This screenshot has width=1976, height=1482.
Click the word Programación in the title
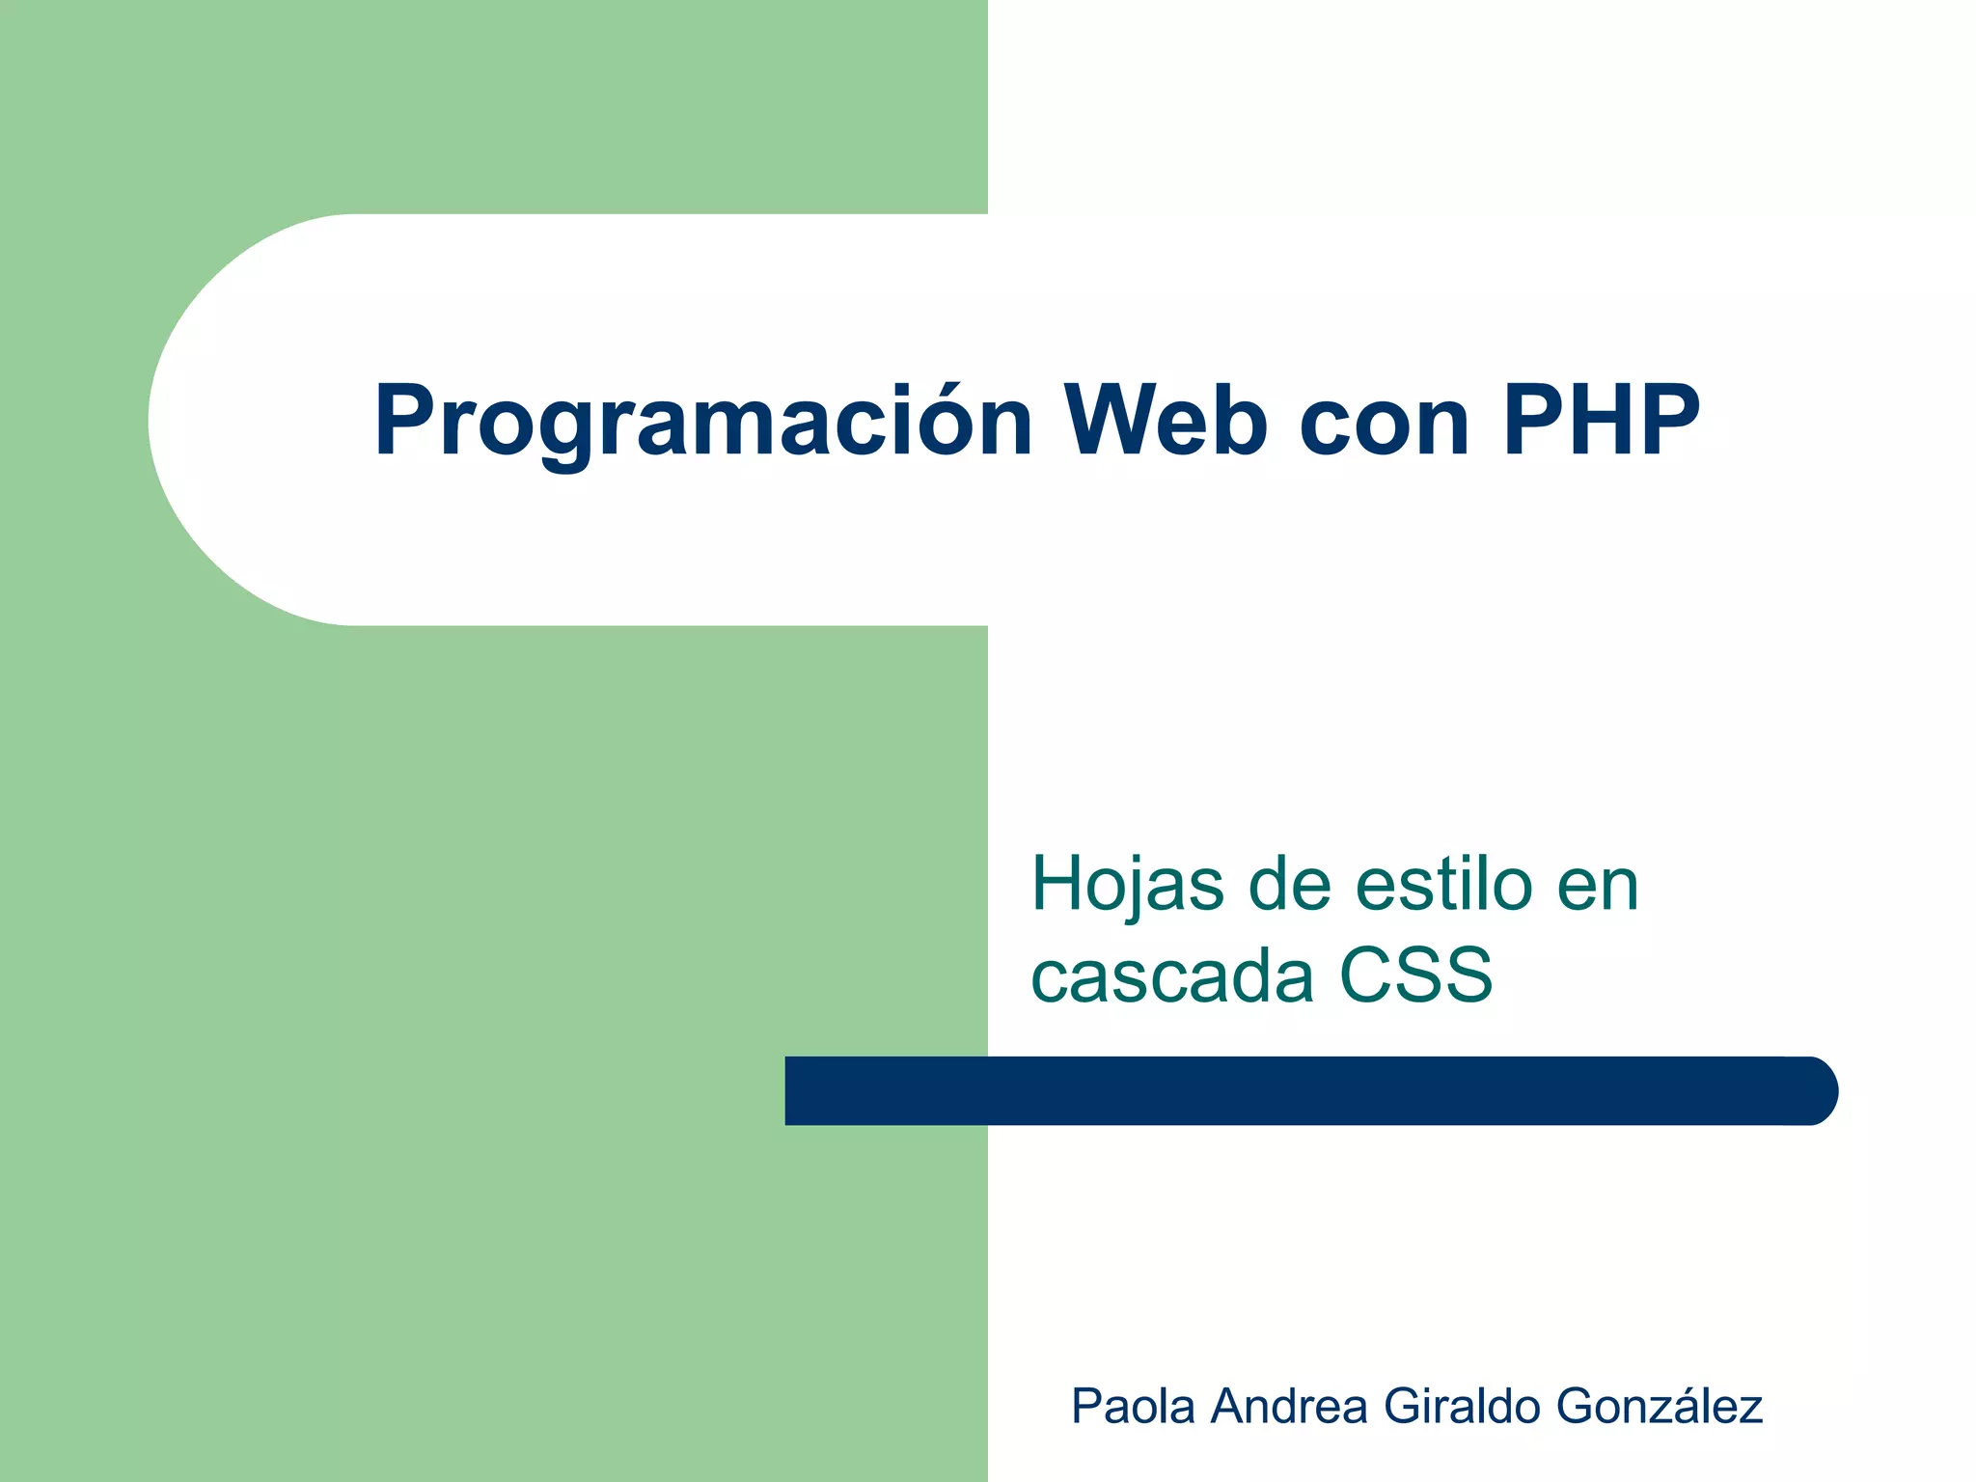point(702,423)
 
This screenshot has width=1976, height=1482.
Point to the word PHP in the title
point(1601,421)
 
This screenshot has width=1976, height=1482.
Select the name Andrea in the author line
point(1290,1406)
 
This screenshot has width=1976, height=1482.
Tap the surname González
point(1660,1406)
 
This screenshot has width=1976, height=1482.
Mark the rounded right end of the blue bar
point(1814,1091)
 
